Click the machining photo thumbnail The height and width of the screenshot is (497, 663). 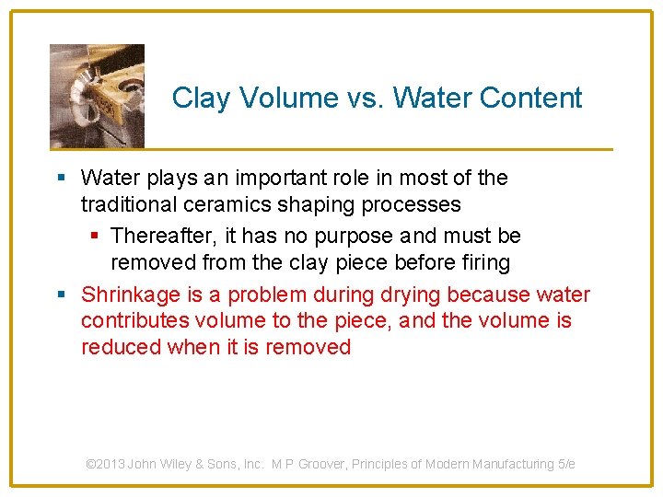[x=97, y=96]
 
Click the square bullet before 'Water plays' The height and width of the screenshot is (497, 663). [x=60, y=178]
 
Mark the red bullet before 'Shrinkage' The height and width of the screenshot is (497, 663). [x=60, y=295]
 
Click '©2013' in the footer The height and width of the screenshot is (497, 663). [x=106, y=464]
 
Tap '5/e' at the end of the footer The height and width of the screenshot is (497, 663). [x=566, y=464]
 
